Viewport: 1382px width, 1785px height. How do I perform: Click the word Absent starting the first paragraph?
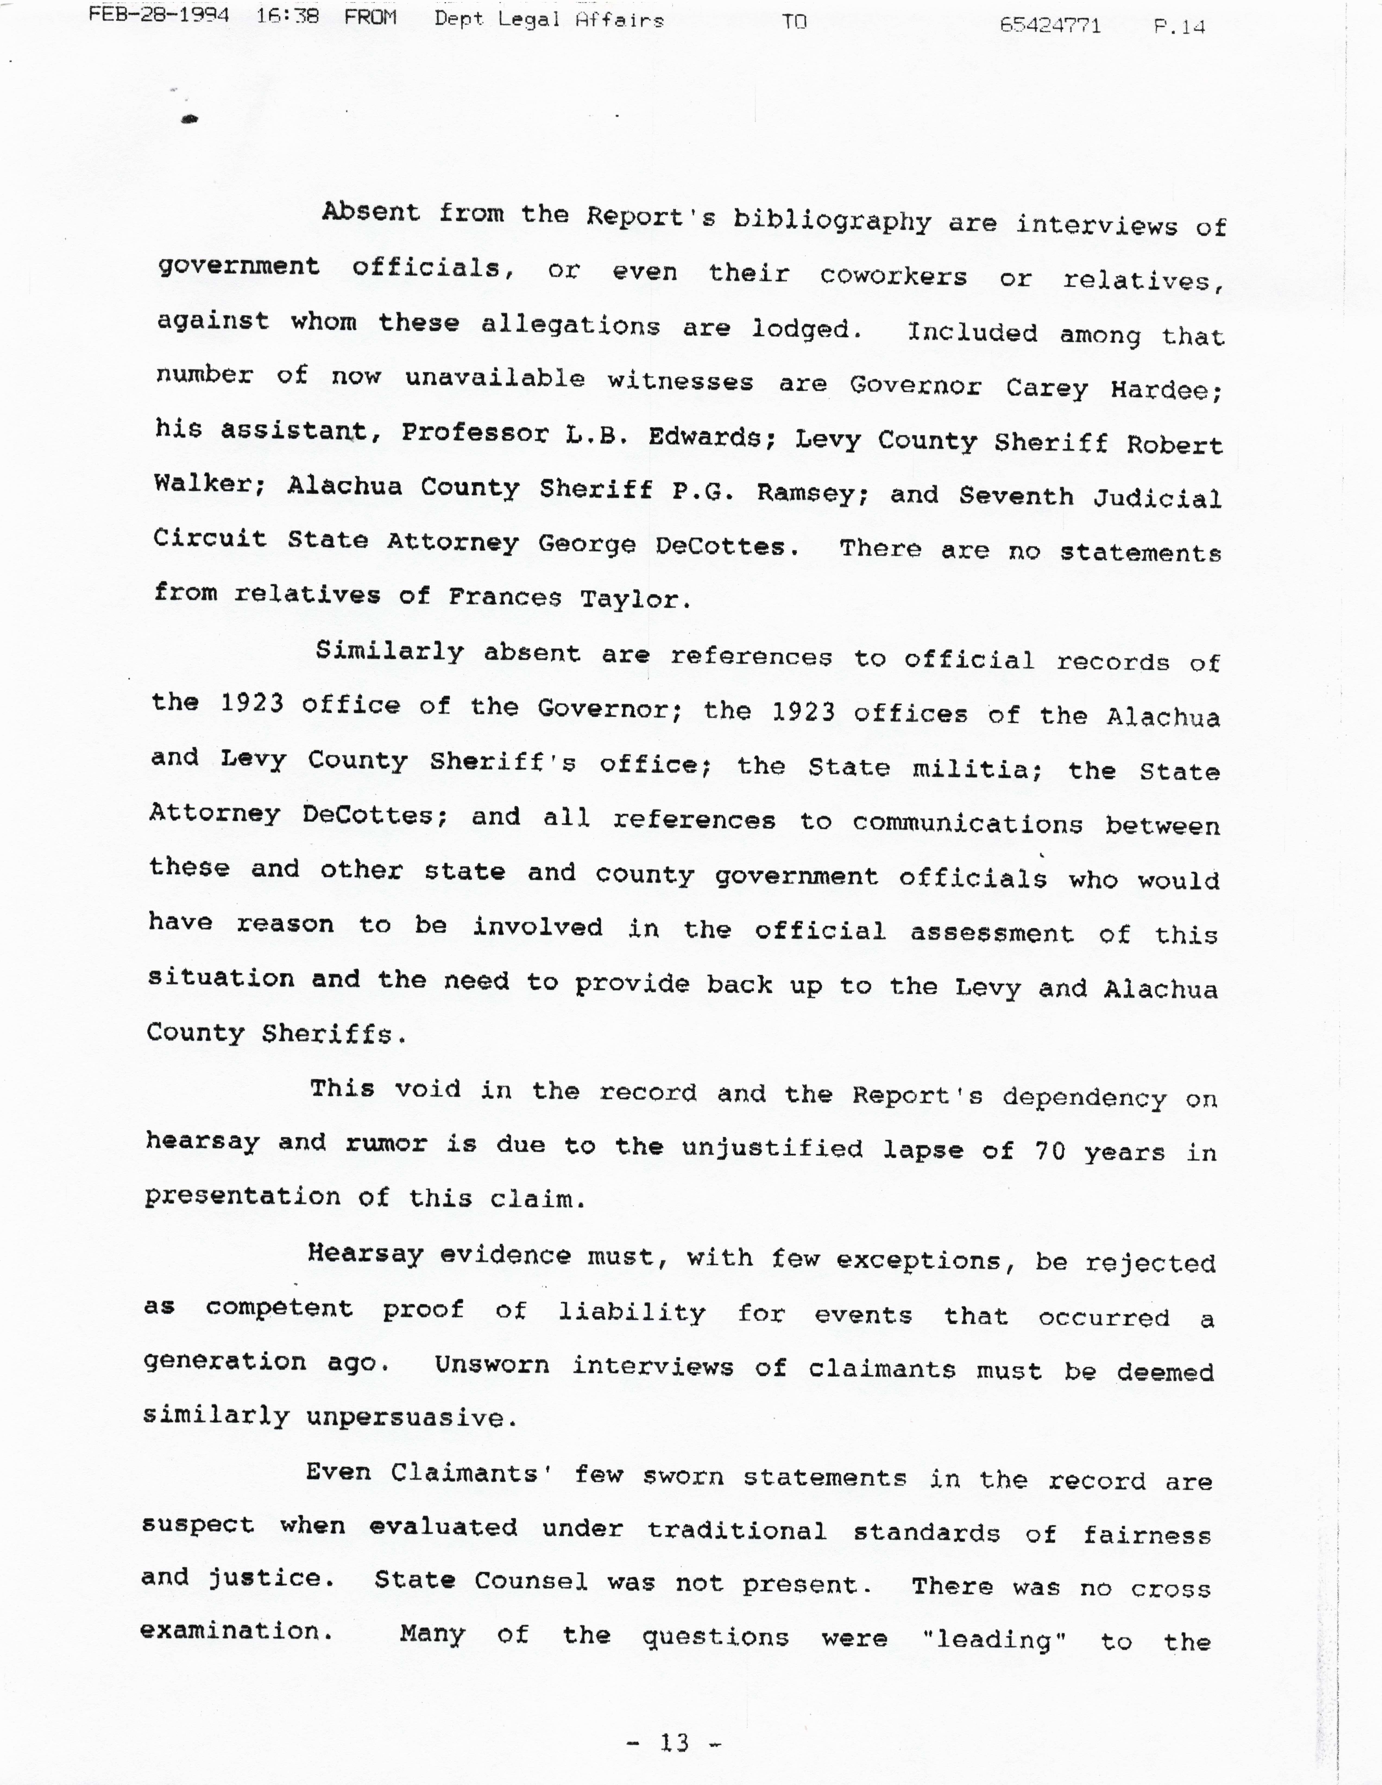[x=370, y=212]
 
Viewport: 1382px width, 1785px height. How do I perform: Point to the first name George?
[x=586, y=544]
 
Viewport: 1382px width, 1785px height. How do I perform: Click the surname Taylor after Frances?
[x=635, y=599]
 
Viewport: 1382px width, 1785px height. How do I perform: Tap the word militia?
[x=977, y=768]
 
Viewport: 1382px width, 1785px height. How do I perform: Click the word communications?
[x=967, y=823]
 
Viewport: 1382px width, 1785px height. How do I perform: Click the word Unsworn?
[x=491, y=1365]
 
